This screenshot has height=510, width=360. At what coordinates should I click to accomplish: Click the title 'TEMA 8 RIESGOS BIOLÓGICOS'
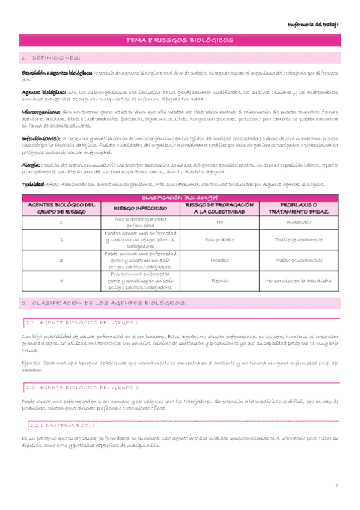pos(180,40)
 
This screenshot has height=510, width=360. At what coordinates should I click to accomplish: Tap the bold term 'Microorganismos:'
pos(41,112)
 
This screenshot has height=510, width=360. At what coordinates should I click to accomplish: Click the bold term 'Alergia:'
pos(31,164)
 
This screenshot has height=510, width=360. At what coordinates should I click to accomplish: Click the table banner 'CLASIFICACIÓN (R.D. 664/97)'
pos(180,197)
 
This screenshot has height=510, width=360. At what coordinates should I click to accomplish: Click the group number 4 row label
pos(61,280)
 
